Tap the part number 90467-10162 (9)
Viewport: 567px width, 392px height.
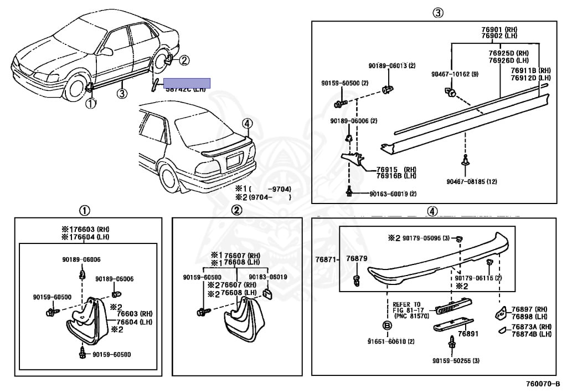click(x=455, y=74)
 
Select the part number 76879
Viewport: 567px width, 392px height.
click(x=357, y=259)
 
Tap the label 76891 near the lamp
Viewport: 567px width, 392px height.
click(x=468, y=334)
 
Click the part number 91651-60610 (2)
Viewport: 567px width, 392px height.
click(x=391, y=341)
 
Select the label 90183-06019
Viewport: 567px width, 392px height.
click(x=267, y=277)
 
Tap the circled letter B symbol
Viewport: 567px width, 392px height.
click(x=387, y=325)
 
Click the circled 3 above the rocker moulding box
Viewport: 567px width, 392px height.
click(x=437, y=13)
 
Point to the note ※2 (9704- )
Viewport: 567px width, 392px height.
click(x=262, y=197)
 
